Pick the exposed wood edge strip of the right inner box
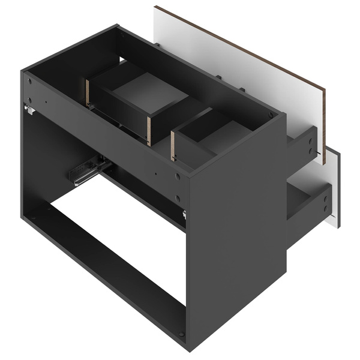[173, 146]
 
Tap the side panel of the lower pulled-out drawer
[309, 201]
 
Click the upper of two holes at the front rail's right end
[178, 178]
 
